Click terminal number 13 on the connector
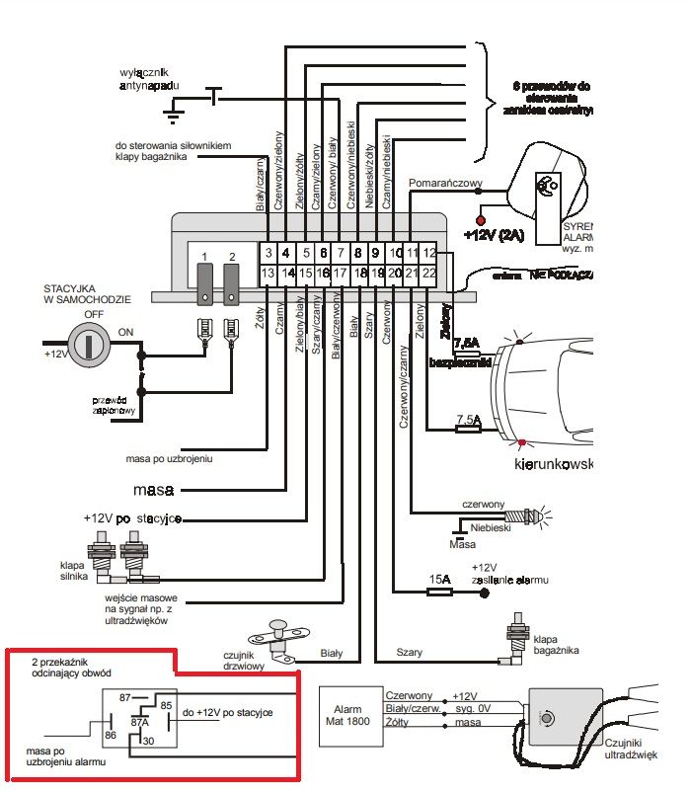tap(268, 273)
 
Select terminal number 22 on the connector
tap(430, 273)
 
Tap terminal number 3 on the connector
tap(268, 253)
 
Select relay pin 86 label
tap(111, 735)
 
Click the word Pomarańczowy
tap(444, 183)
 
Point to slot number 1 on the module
tap(204, 257)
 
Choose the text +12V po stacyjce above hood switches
tap(132, 519)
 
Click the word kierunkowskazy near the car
tap(553, 463)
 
